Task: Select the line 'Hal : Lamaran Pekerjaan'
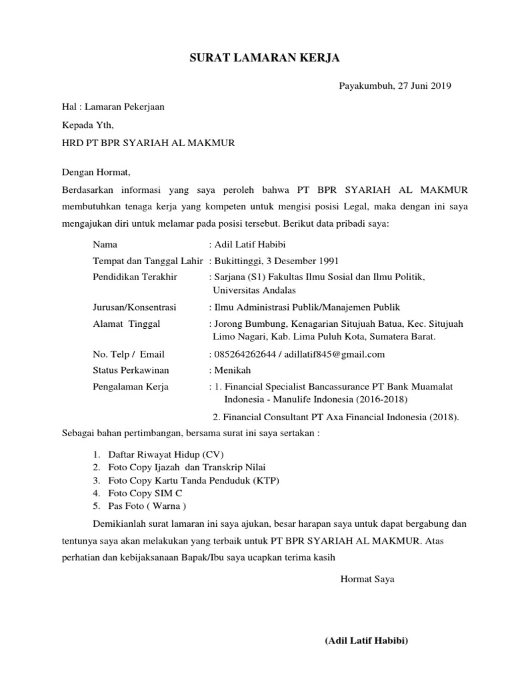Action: pos(113,106)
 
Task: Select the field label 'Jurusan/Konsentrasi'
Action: pos(134,307)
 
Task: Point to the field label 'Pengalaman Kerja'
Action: pos(131,386)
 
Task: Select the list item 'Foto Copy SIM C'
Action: pos(141,494)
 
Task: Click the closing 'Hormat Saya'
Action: pos(367,579)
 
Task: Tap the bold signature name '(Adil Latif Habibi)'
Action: pos(366,641)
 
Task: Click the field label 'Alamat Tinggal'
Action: pos(126,324)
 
